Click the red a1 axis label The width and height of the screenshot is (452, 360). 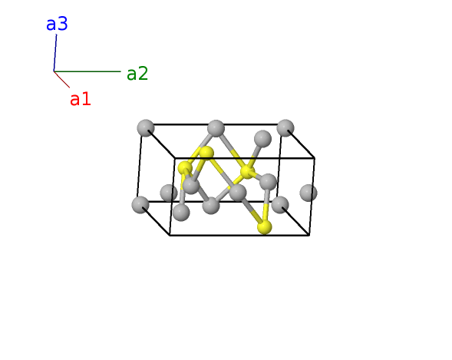pyautogui.click(x=81, y=99)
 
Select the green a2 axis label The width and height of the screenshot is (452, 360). pyautogui.click(x=137, y=74)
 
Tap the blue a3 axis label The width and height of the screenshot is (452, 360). pyautogui.click(x=57, y=24)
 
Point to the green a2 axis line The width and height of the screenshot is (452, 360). pyautogui.click(x=87, y=71)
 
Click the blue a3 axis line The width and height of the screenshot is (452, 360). pyautogui.click(x=55, y=53)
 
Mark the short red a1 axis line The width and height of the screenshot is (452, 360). pyautogui.click(x=61, y=79)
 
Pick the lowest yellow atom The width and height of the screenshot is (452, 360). pyautogui.click(x=264, y=227)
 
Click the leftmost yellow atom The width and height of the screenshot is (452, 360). pyautogui.click(x=185, y=168)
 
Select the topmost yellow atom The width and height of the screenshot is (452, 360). pyautogui.click(x=206, y=153)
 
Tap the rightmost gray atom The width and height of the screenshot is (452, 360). pyautogui.click(x=308, y=193)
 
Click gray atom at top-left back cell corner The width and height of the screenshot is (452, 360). pyautogui.click(x=146, y=128)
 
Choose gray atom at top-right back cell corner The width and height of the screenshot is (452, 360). pyautogui.click(x=285, y=128)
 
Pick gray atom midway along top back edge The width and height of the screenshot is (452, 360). pyautogui.click(x=216, y=128)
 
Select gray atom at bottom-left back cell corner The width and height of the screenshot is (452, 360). pyautogui.click(x=140, y=205)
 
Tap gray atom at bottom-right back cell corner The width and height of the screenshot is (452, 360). pyautogui.click(x=280, y=205)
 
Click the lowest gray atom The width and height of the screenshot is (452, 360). pyautogui.click(x=181, y=213)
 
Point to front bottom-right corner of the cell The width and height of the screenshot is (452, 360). pyautogui.click(x=309, y=236)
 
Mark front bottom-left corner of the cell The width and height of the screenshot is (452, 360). pyautogui.click(x=170, y=236)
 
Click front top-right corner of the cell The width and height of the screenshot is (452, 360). pyautogui.click(x=315, y=158)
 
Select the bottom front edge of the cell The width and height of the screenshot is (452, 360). pyautogui.click(x=239, y=236)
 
